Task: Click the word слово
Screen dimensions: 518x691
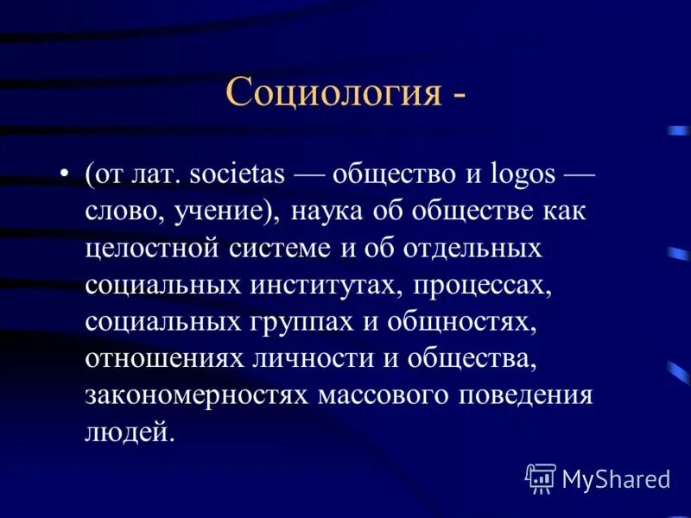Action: tap(122, 212)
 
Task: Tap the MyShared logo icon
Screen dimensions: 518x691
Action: tap(542, 477)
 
